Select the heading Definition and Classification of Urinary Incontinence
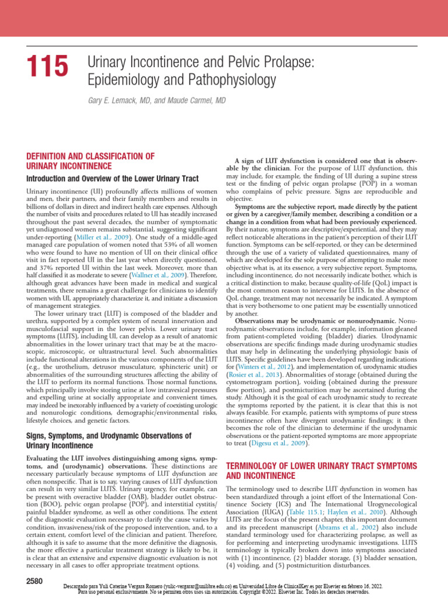tap(90, 161)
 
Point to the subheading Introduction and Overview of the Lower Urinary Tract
tap(113, 178)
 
